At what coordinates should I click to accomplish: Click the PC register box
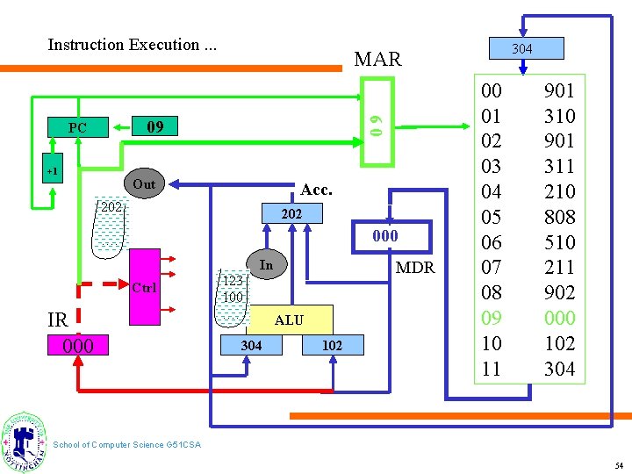(77, 128)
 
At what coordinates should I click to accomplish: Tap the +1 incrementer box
(52, 171)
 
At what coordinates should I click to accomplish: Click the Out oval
(143, 184)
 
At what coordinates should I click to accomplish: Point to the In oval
(267, 265)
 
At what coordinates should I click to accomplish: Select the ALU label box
(289, 320)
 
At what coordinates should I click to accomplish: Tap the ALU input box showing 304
(251, 346)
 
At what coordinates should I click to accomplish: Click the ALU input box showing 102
(332, 346)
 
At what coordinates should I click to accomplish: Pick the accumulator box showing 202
(291, 213)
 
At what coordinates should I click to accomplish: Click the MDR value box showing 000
(384, 236)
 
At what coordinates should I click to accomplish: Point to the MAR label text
(377, 60)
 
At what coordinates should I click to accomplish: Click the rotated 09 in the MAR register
(376, 122)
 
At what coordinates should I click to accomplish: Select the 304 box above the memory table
(521, 48)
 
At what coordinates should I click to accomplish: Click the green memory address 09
(492, 318)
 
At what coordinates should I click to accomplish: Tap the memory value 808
(559, 217)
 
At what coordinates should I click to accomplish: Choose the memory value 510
(559, 242)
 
